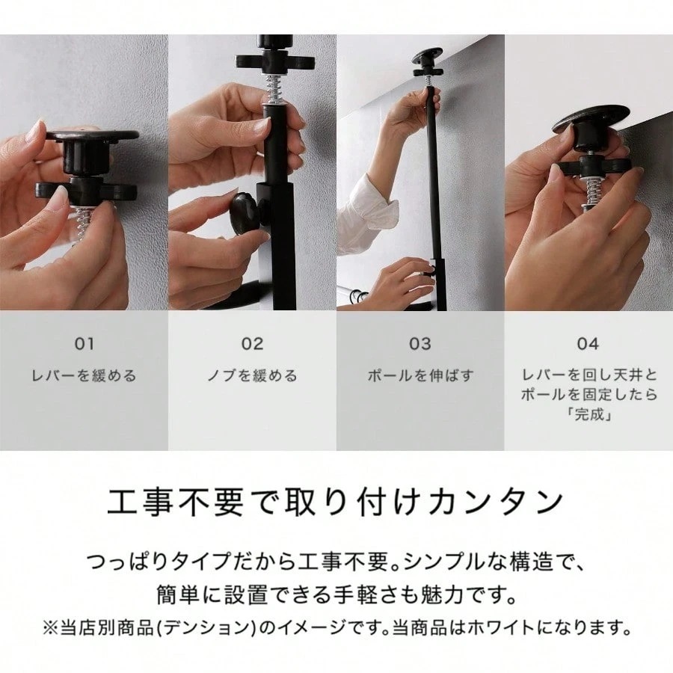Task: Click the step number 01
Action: pos(84,344)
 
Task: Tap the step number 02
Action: pos(252,344)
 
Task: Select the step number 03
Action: pos(420,344)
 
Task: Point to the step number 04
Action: pos(588,344)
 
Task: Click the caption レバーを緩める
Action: pos(84,376)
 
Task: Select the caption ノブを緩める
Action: pos(252,376)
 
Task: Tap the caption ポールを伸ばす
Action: pos(420,376)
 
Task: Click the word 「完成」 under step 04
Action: pos(589,414)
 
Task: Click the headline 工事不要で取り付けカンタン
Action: pos(336,503)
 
